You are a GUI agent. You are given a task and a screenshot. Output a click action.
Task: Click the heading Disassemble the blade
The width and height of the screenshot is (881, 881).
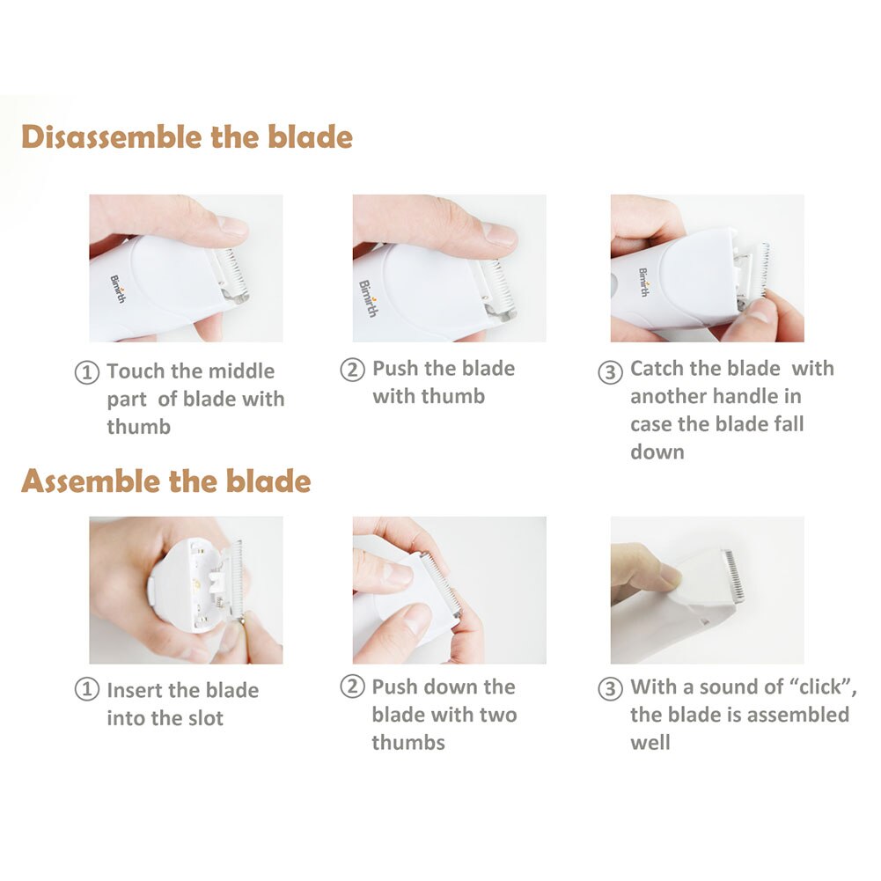coord(187,138)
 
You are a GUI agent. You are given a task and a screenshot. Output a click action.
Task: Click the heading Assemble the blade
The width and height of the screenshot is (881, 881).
coord(165,481)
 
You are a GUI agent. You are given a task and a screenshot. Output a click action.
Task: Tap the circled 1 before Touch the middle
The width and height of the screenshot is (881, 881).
coord(86,373)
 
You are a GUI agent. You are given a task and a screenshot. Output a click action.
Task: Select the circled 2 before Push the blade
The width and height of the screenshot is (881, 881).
coord(352,371)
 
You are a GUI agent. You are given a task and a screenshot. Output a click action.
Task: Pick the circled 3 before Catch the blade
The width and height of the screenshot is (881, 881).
coord(610,371)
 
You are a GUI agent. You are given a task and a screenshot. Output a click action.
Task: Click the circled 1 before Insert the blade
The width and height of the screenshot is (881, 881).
coord(86,691)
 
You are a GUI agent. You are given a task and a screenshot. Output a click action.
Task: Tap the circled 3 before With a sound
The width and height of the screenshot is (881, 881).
coord(610,689)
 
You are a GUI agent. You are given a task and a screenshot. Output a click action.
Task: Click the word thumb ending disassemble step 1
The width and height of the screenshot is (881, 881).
coord(139,428)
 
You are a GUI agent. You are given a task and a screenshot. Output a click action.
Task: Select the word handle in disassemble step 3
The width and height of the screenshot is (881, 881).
coord(767,397)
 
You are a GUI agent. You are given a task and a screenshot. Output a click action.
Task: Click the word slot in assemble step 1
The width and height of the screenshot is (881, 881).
coord(202,719)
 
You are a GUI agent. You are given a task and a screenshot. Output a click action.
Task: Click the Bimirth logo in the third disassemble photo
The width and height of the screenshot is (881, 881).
coord(643,282)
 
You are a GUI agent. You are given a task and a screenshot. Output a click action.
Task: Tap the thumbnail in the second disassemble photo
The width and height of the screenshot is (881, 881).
coord(499,233)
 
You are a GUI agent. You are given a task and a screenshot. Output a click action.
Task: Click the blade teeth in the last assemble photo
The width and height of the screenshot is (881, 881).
coord(732,576)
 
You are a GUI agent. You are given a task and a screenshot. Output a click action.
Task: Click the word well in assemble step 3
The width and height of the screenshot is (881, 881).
coord(650,743)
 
